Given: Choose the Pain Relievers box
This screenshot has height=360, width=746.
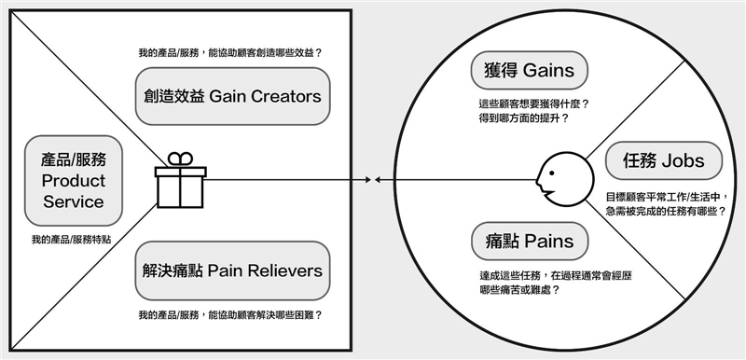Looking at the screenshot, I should pos(232,270).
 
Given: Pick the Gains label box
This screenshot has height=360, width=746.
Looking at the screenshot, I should pos(529,70).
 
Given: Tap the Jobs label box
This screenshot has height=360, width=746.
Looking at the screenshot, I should pos(663,160).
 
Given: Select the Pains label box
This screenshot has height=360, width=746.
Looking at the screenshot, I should pos(529,242).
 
